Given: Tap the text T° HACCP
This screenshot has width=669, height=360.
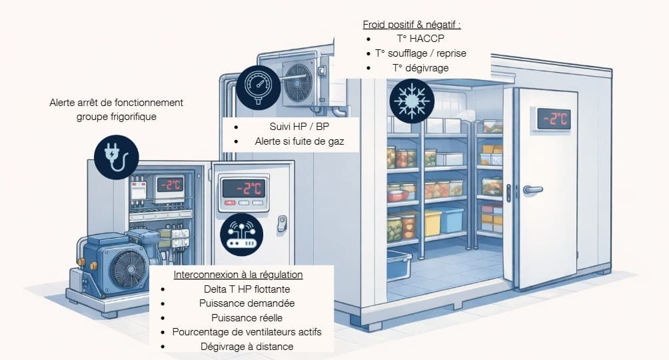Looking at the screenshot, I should [420, 39].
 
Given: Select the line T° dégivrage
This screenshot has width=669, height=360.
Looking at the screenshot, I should [420, 68].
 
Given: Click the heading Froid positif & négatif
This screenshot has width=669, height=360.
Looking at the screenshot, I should [412, 25].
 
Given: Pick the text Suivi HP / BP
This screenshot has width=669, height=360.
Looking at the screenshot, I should [289, 127].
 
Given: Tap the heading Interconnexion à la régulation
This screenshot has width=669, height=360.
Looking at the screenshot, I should [238, 275].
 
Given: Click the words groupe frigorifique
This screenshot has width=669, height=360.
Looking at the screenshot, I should [116, 117].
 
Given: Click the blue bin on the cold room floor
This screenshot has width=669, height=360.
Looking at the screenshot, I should [399, 265].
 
